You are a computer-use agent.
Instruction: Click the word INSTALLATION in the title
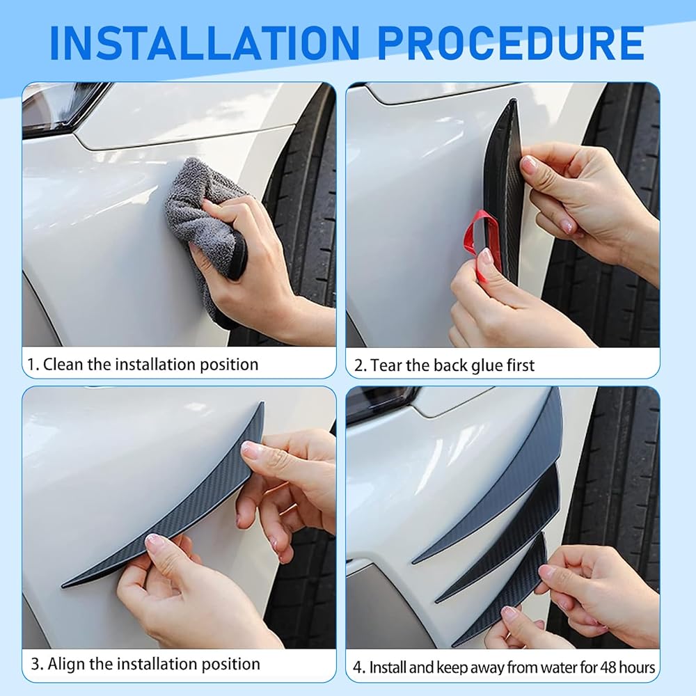[x=205, y=42]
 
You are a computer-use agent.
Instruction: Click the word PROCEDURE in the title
[x=511, y=42]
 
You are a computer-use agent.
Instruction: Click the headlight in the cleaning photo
[x=62, y=109]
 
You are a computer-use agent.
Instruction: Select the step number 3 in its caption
[x=36, y=664]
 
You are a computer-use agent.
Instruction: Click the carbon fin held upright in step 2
[x=504, y=191]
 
